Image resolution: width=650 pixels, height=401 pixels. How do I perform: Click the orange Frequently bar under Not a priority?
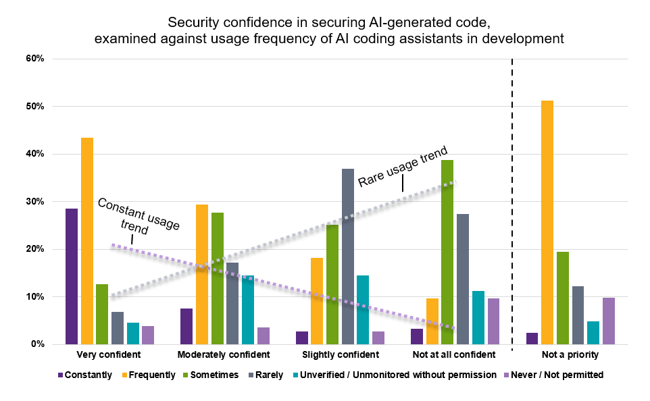point(547,223)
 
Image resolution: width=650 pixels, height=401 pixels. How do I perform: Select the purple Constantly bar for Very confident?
point(72,276)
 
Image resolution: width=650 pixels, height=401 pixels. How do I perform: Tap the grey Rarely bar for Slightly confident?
point(348,257)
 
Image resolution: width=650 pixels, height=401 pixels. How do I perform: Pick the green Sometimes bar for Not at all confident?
point(447,252)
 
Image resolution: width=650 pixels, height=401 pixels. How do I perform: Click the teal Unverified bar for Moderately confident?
point(248,310)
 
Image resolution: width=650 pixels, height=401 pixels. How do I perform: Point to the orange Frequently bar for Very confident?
point(87,241)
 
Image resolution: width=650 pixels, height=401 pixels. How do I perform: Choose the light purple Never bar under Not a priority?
point(609,321)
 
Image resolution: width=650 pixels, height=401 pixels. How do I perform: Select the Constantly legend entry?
point(85,375)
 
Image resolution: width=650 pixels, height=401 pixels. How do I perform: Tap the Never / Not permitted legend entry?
point(553,375)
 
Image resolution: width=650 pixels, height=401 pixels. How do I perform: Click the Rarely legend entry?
point(266,375)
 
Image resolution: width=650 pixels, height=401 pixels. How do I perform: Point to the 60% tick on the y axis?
point(35,59)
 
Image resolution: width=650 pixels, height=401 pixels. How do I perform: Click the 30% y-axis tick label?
point(35,202)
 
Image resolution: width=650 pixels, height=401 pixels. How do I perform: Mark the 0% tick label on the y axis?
point(37,344)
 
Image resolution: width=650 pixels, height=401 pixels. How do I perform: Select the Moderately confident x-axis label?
point(224,354)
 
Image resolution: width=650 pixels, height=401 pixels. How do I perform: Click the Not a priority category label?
point(570,354)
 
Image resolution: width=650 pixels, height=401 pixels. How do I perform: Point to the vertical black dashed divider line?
point(512,205)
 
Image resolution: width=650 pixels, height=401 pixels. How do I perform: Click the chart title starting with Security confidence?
point(329,30)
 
